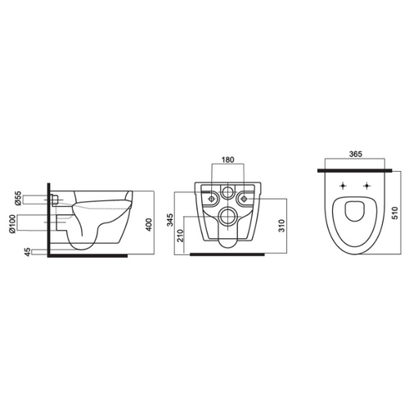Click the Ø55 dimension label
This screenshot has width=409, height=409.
point(18,198)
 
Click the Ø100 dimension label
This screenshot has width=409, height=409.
point(12,223)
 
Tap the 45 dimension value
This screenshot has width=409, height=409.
point(27,252)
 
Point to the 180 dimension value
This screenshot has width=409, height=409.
point(227,160)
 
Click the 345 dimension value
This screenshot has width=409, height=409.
point(170,220)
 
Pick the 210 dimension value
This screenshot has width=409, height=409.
point(181,236)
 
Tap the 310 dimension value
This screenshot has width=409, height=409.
point(282,226)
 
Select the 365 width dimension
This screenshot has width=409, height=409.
point(356,154)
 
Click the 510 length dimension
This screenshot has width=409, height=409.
point(395,213)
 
